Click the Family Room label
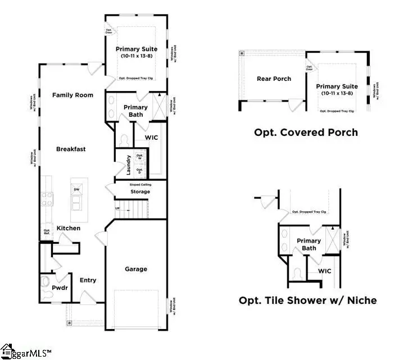[72, 95]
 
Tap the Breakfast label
[71, 149]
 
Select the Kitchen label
[68, 228]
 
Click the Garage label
[136, 269]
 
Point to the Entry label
[88, 280]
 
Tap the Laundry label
[129, 164]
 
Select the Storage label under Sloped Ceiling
[140, 192]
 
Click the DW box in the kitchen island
[77, 190]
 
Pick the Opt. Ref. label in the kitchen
[47, 232]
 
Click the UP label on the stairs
[117, 208]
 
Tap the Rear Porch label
[274, 79]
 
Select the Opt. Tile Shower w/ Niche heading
[307, 300]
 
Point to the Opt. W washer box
[140, 157]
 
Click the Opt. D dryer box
[140, 170]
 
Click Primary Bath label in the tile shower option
[309, 244]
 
